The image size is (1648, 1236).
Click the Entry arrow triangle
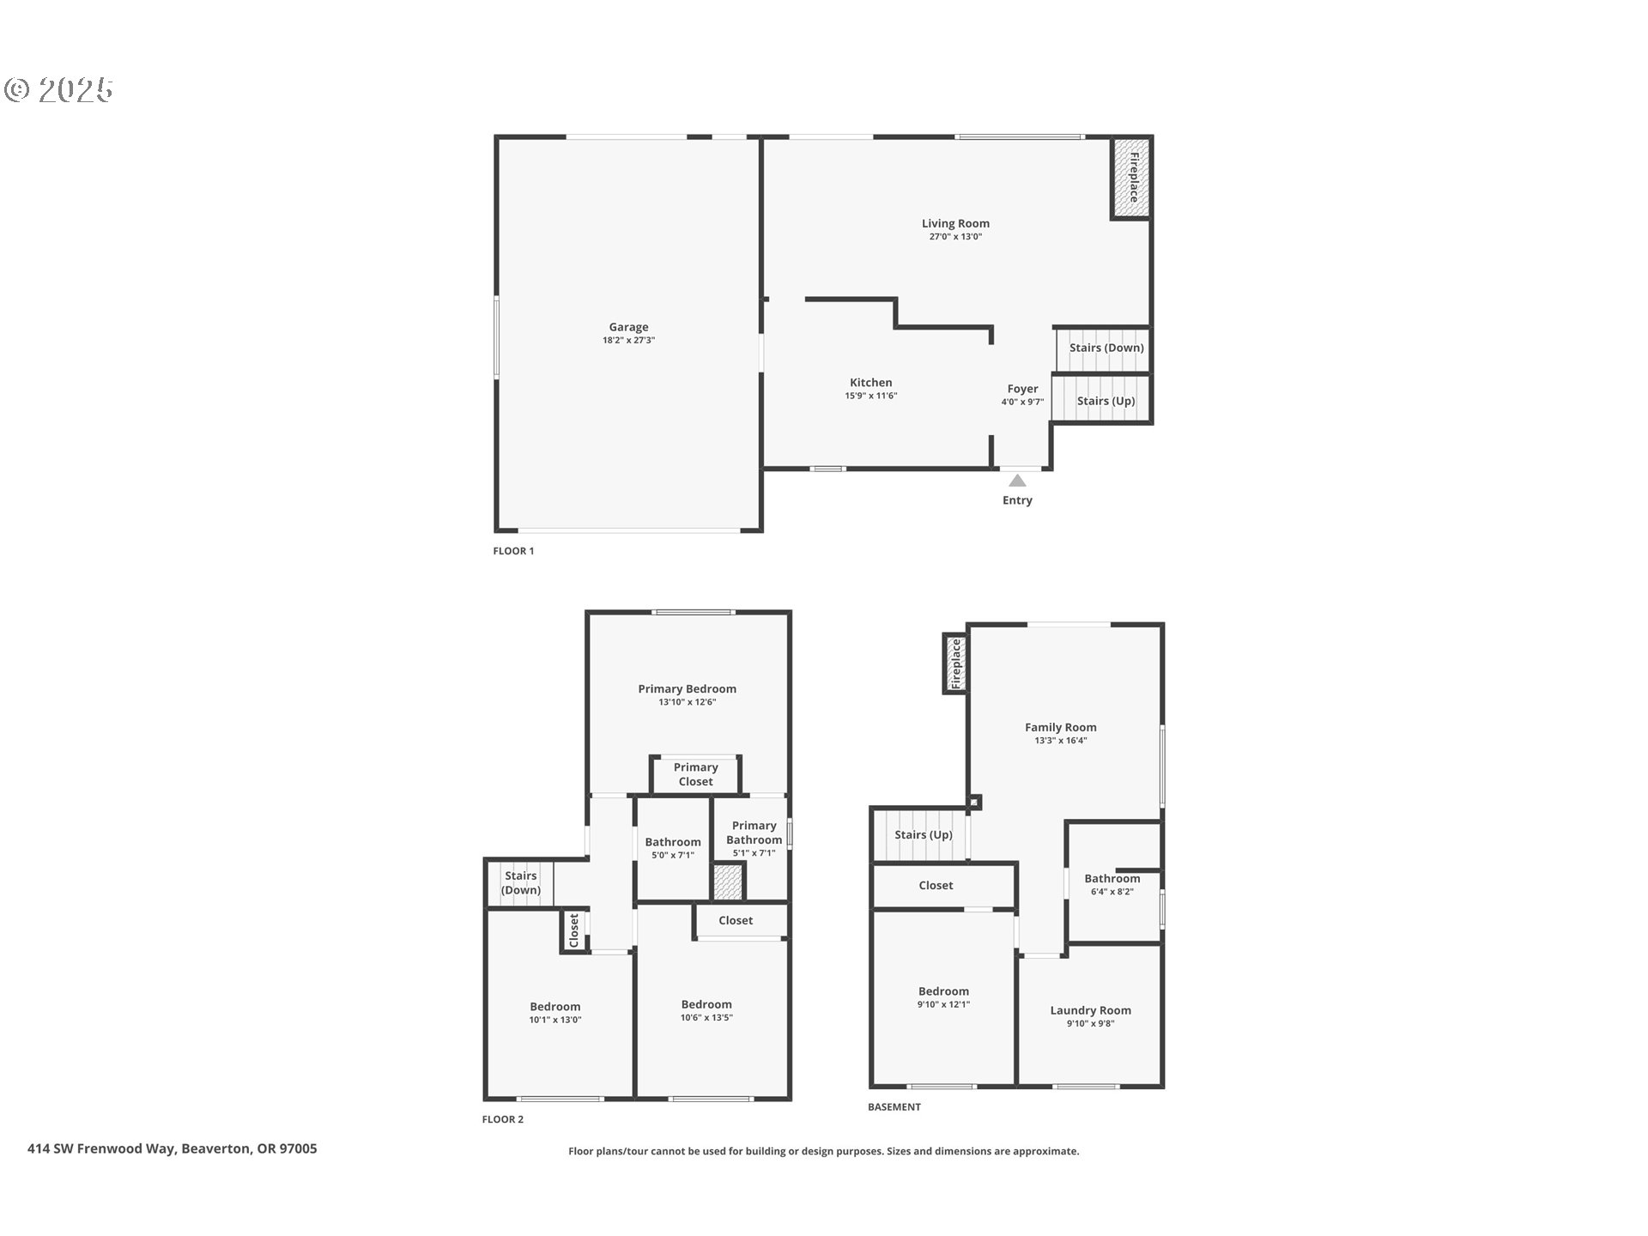point(1017,481)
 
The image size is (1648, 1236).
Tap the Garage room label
point(628,327)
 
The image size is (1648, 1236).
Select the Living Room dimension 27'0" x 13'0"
point(955,237)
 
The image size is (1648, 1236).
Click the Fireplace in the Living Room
point(1131,177)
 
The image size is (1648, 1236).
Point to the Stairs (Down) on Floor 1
point(1106,348)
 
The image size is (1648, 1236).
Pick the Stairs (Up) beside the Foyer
point(1106,401)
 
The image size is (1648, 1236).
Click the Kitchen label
point(870,383)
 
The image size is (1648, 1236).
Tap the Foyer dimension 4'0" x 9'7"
point(1022,402)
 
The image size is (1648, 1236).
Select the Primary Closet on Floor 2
point(695,774)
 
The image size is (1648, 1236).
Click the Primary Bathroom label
point(754,833)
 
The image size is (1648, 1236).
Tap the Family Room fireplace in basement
point(955,663)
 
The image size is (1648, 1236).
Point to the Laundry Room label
point(1090,1010)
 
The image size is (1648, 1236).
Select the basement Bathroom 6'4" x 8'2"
point(1112,884)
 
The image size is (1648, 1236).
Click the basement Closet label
point(936,885)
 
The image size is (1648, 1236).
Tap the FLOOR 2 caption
point(502,1119)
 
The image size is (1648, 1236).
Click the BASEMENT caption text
point(894,1107)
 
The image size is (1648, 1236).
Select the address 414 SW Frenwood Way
point(172,1148)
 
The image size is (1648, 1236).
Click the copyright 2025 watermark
point(58,90)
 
